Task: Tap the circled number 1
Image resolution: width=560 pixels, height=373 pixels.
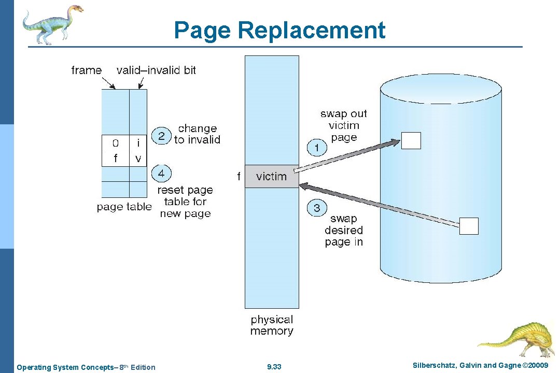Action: [317, 148]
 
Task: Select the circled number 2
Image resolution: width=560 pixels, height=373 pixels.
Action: [161, 136]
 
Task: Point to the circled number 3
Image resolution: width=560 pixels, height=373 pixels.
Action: [317, 208]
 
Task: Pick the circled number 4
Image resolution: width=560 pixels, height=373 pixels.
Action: [161, 174]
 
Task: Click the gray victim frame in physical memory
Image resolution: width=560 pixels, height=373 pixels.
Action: [272, 176]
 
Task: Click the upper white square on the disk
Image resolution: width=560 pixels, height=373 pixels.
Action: [411, 140]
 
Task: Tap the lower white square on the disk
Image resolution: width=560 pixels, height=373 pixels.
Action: [469, 226]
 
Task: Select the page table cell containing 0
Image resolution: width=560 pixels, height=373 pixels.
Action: [115, 142]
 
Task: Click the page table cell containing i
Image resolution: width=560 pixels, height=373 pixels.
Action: [138, 142]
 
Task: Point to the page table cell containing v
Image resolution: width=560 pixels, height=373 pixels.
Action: [138, 159]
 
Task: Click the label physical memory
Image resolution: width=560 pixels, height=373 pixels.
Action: [272, 325]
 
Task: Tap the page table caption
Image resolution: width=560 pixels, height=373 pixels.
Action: [124, 207]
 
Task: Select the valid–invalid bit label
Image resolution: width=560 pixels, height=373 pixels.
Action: [156, 70]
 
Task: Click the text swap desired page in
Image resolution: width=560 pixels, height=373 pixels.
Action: [344, 230]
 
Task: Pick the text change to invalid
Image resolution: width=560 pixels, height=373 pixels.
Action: [197, 134]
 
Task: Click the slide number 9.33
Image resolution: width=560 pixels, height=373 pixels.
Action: [274, 367]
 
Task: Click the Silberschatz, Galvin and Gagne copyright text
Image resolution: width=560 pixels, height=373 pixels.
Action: [480, 366]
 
